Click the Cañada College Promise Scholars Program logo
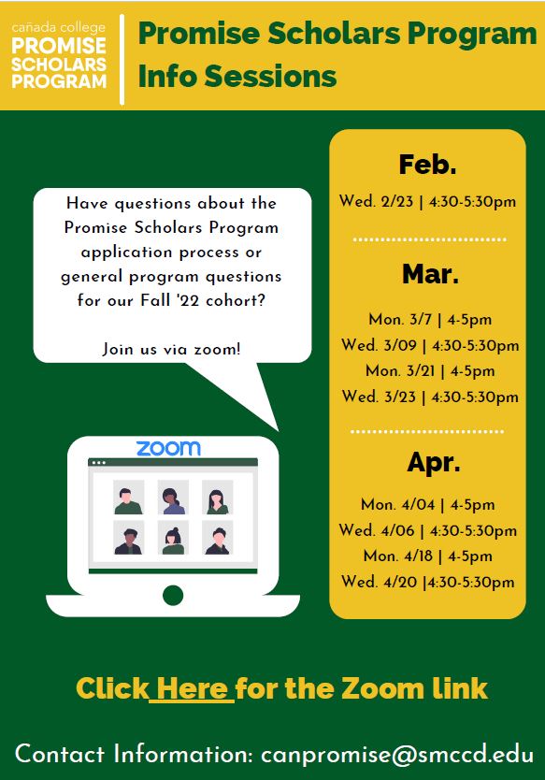coord(59,55)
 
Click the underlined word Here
coord(192,688)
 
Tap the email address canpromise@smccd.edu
coord(397,754)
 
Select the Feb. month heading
coord(427,165)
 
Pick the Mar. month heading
coord(430,274)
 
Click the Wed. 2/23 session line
coord(427,201)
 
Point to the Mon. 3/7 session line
coord(430,319)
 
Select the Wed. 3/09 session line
coord(430,345)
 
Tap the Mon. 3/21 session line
coord(430,370)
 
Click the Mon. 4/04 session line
coord(428,504)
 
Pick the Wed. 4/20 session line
coord(428,582)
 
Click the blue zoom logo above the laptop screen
coord(168,448)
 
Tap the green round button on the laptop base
coord(173,596)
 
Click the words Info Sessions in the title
coord(237,76)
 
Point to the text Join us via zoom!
coord(172,349)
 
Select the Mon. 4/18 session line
coord(428,556)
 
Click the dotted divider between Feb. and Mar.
coord(430,239)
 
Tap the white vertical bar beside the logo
coord(122,59)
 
